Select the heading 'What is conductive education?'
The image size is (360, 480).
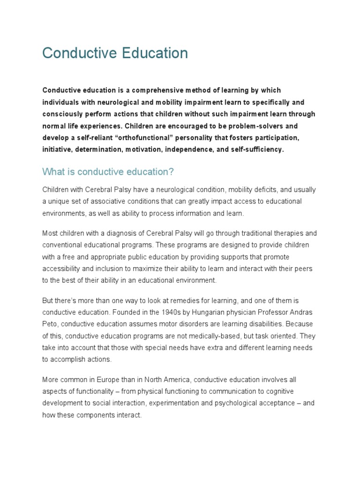tap(108, 172)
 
